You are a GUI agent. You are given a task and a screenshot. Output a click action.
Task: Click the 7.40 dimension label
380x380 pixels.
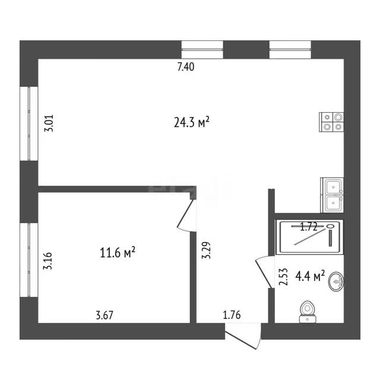pyautogui.click(x=186, y=67)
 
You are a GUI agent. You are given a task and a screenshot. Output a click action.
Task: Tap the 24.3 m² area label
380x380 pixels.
pyautogui.click(x=191, y=122)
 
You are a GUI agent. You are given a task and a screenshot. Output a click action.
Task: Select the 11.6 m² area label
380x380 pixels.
pyautogui.click(x=118, y=252)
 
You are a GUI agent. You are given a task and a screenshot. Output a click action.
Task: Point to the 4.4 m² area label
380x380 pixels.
pyautogui.click(x=310, y=276)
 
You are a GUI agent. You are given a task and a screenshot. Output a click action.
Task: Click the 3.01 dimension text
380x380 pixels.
pyautogui.click(x=49, y=123)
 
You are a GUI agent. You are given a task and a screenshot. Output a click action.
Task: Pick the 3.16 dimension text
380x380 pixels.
pyautogui.click(x=47, y=261)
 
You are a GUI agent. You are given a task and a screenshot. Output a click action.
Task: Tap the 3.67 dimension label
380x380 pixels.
pyautogui.click(x=104, y=315)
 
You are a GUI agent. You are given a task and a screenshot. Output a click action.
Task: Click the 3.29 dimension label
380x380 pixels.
pyautogui.click(x=206, y=251)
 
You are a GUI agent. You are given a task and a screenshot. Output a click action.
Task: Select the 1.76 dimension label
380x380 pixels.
pyautogui.click(x=232, y=315)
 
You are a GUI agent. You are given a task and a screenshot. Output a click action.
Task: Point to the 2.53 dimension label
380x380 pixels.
pyautogui.click(x=283, y=277)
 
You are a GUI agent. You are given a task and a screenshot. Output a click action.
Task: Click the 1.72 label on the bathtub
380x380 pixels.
pyautogui.click(x=309, y=227)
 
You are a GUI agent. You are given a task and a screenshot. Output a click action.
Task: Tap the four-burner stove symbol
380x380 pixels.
pyautogui.click(x=331, y=122)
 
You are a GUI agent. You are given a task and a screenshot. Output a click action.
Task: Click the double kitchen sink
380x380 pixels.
pyautogui.click(x=332, y=195)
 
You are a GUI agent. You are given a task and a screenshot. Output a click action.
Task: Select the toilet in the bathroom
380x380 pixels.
pyautogui.click(x=308, y=312)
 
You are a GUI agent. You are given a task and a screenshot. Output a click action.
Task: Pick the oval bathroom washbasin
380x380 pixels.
pyautogui.click(x=336, y=281)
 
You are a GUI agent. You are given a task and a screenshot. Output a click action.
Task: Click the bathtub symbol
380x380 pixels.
pyautogui.click(x=309, y=237)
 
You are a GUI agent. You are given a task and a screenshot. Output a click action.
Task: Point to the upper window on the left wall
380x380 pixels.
pyautogui.click(x=29, y=123)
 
